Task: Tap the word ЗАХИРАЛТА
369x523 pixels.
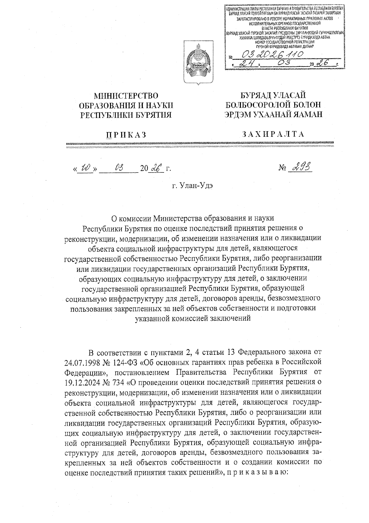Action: [273, 134]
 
